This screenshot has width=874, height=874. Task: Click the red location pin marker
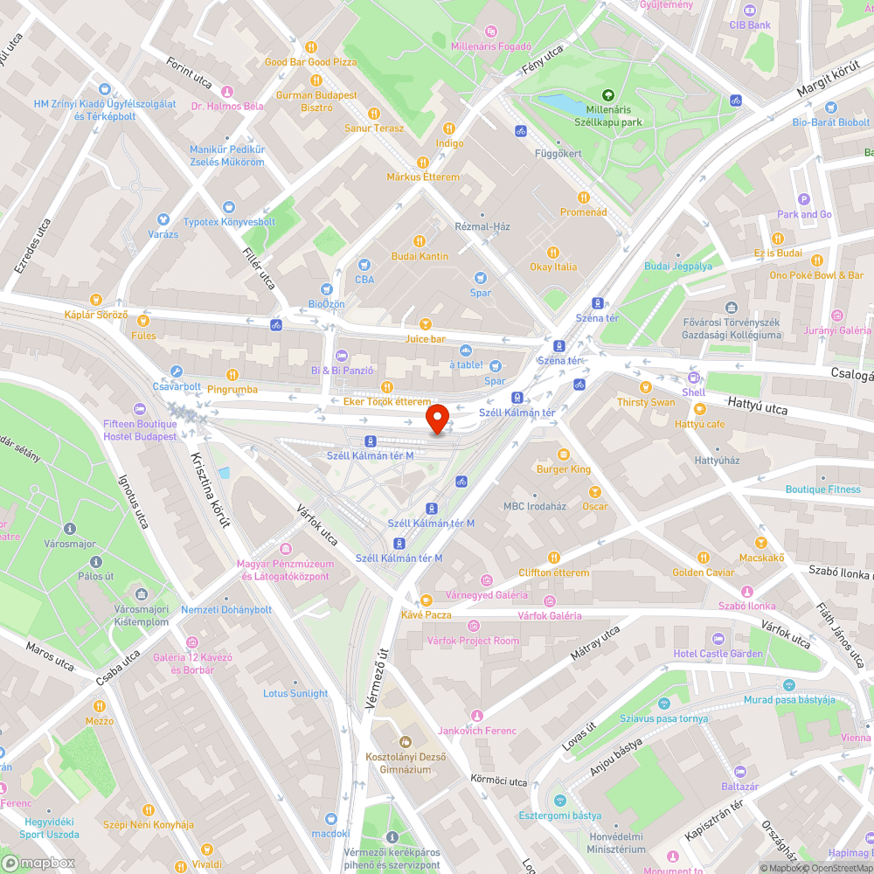pyautogui.click(x=437, y=418)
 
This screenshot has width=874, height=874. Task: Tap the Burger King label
pyautogui.click(x=564, y=469)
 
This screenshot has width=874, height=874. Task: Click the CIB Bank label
pyautogui.click(x=750, y=24)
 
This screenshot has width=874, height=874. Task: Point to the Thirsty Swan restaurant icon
pyautogui.click(x=646, y=386)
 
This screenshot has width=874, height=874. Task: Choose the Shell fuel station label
pyautogui.click(x=693, y=392)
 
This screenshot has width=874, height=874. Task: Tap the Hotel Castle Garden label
pyautogui.click(x=718, y=654)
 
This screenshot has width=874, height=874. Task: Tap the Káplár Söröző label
pyautogui.click(x=96, y=315)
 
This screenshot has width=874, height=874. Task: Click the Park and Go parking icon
pyautogui.click(x=804, y=199)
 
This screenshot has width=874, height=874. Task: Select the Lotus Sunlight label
pyautogui.click(x=295, y=693)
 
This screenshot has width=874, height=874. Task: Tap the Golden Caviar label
pyautogui.click(x=703, y=572)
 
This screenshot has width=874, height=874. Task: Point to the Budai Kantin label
pyautogui.click(x=420, y=256)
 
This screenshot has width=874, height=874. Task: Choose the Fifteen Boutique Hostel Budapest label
pyautogui.click(x=140, y=430)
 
